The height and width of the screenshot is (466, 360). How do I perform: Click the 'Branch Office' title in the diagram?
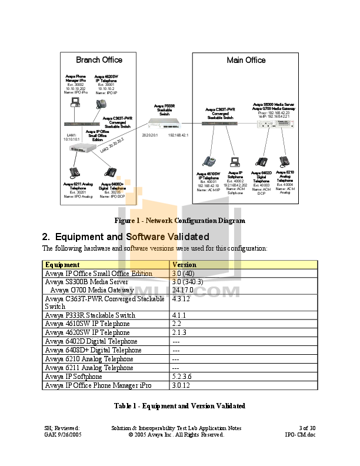pyautogui.click(x=99, y=60)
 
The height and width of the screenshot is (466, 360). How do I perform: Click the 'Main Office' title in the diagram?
pyautogui.click(x=246, y=60)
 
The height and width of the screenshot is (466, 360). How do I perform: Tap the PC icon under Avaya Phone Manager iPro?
pyautogui.click(x=75, y=104)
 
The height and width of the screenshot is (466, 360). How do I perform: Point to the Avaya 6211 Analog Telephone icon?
pyautogui.click(x=75, y=173)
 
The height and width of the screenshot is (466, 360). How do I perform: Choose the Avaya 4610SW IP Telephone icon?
pyautogui.click(x=209, y=161)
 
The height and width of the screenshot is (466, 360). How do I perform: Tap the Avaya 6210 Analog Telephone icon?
pyautogui.click(x=285, y=161)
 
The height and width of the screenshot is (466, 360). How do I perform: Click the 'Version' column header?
pyautogui.click(x=184, y=265)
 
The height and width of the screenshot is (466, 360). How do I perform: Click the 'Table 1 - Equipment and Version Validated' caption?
pyautogui.click(x=179, y=406)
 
